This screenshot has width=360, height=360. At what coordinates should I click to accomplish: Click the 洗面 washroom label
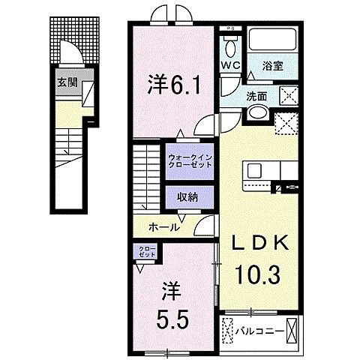point(259,95)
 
